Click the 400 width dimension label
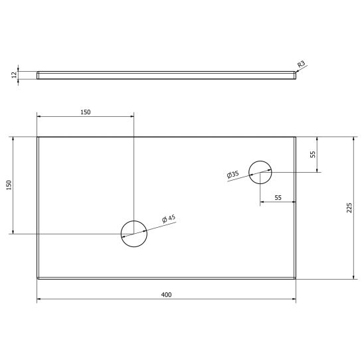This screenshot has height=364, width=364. click(166, 295)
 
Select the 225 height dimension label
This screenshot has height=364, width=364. click(349, 208)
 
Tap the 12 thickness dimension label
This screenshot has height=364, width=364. click(15, 75)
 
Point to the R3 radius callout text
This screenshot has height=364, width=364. click(301, 64)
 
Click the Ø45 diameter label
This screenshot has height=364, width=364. click(169, 219)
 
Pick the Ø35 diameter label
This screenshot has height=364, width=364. click(232, 174)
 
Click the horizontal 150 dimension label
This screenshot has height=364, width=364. click(86, 112)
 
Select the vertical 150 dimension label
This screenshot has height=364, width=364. click(9, 185)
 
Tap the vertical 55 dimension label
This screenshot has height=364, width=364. click(313, 155)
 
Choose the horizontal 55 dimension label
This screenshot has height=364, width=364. click(278, 197)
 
